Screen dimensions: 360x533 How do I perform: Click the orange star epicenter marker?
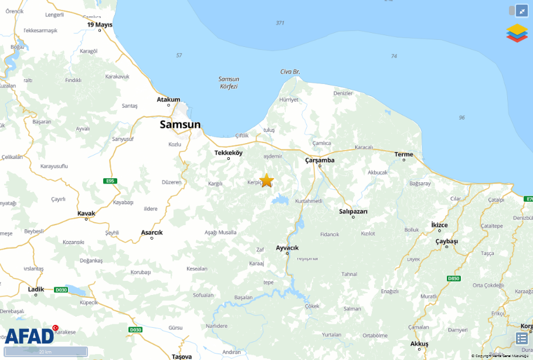pyautogui.click(x=267, y=180)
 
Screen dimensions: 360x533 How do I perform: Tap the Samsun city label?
pyautogui.click(x=181, y=124)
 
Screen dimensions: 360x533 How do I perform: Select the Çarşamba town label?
pyautogui.click(x=320, y=160)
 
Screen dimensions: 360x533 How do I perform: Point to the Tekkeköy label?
pyautogui.click(x=229, y=152)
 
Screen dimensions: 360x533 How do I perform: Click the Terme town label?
pyautogui.click(x=403, y=155)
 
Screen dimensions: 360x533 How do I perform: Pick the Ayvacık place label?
pyautogui.click(x=287, y=247)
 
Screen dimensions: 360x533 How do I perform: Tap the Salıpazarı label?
pyautogui.click(x=354, y=211)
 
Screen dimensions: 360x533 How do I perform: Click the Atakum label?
pyautogui.click(x=168, y=100)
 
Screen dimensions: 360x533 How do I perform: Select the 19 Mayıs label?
pyautogui.click(x=100, y=25)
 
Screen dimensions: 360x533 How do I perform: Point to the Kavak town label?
pyautogui.click(x=86, y=213)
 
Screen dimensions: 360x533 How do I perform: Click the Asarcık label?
pyautogui.click(x=152, y=232)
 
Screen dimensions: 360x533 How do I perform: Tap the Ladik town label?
pyautogui.click(x=36, y=289)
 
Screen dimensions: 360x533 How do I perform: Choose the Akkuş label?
pyautogui.click(x=419, y=343)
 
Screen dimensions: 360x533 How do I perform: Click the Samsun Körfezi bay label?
pyautogui.click(x=228, y=83)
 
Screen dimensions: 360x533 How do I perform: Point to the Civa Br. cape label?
pyautogui.click(x=290, y=72)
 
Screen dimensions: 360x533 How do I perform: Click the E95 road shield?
pyautogui.click(x=109, y=181)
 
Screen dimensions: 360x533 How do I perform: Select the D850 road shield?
pyautogui.click(x=453, y=278)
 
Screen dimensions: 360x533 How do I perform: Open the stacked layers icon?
pyautogui.click(x=517, y=33)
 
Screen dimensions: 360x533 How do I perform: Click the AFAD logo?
pyautogui.click(x=30, y=335)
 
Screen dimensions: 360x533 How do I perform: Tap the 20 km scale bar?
pyautogui.click(x=45, y=352)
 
